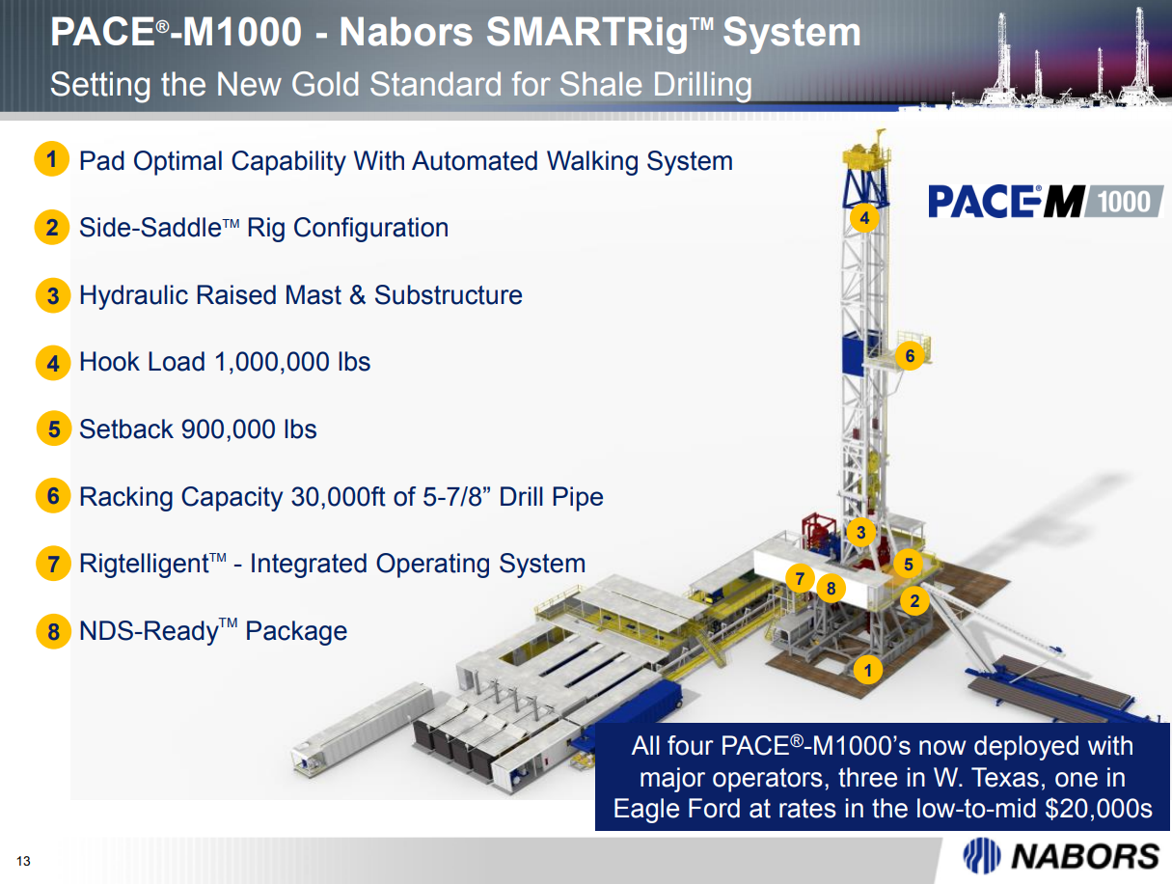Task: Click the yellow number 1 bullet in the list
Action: [x=52, y=158]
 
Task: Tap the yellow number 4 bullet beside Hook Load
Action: [x=53, y=363]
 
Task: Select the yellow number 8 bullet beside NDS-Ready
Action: [x=53, y=631]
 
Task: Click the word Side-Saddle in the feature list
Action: [x=150, y=228]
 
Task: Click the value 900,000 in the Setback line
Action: [x=228, y=429]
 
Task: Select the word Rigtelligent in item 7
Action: [x=144, y=565]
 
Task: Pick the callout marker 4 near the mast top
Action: [x=864, y=218]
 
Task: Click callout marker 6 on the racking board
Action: [x=910, y=356]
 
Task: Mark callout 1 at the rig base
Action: [x=867, y=670]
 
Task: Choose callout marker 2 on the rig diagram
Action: [x=914, y=601]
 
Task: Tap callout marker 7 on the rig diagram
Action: [x=800, y=578]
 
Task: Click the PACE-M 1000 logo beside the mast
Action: [x=1046, y=202]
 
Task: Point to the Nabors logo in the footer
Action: [x=1061, y=856]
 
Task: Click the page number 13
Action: [x=23, y=861]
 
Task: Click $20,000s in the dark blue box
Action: [x=1099, y=808]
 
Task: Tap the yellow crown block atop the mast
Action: [x=866, y=152]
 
